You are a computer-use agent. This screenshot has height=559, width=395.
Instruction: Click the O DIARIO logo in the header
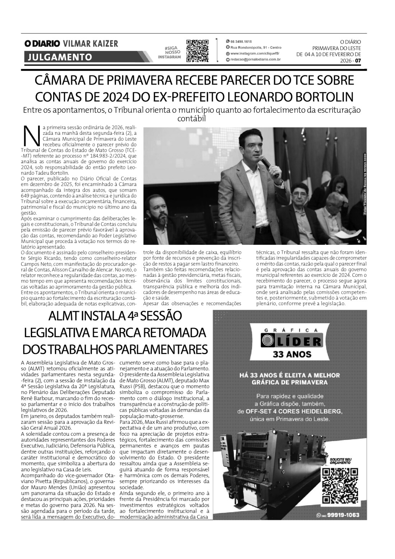pos(42,44)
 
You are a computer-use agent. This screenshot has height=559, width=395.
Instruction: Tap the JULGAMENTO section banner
pos(58,57)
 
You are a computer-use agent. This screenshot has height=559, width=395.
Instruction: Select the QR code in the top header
pos(197,50)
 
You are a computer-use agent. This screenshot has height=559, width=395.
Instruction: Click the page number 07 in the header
pos(358,61)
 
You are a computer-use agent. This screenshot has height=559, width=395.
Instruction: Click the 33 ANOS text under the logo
pos(292,354)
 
